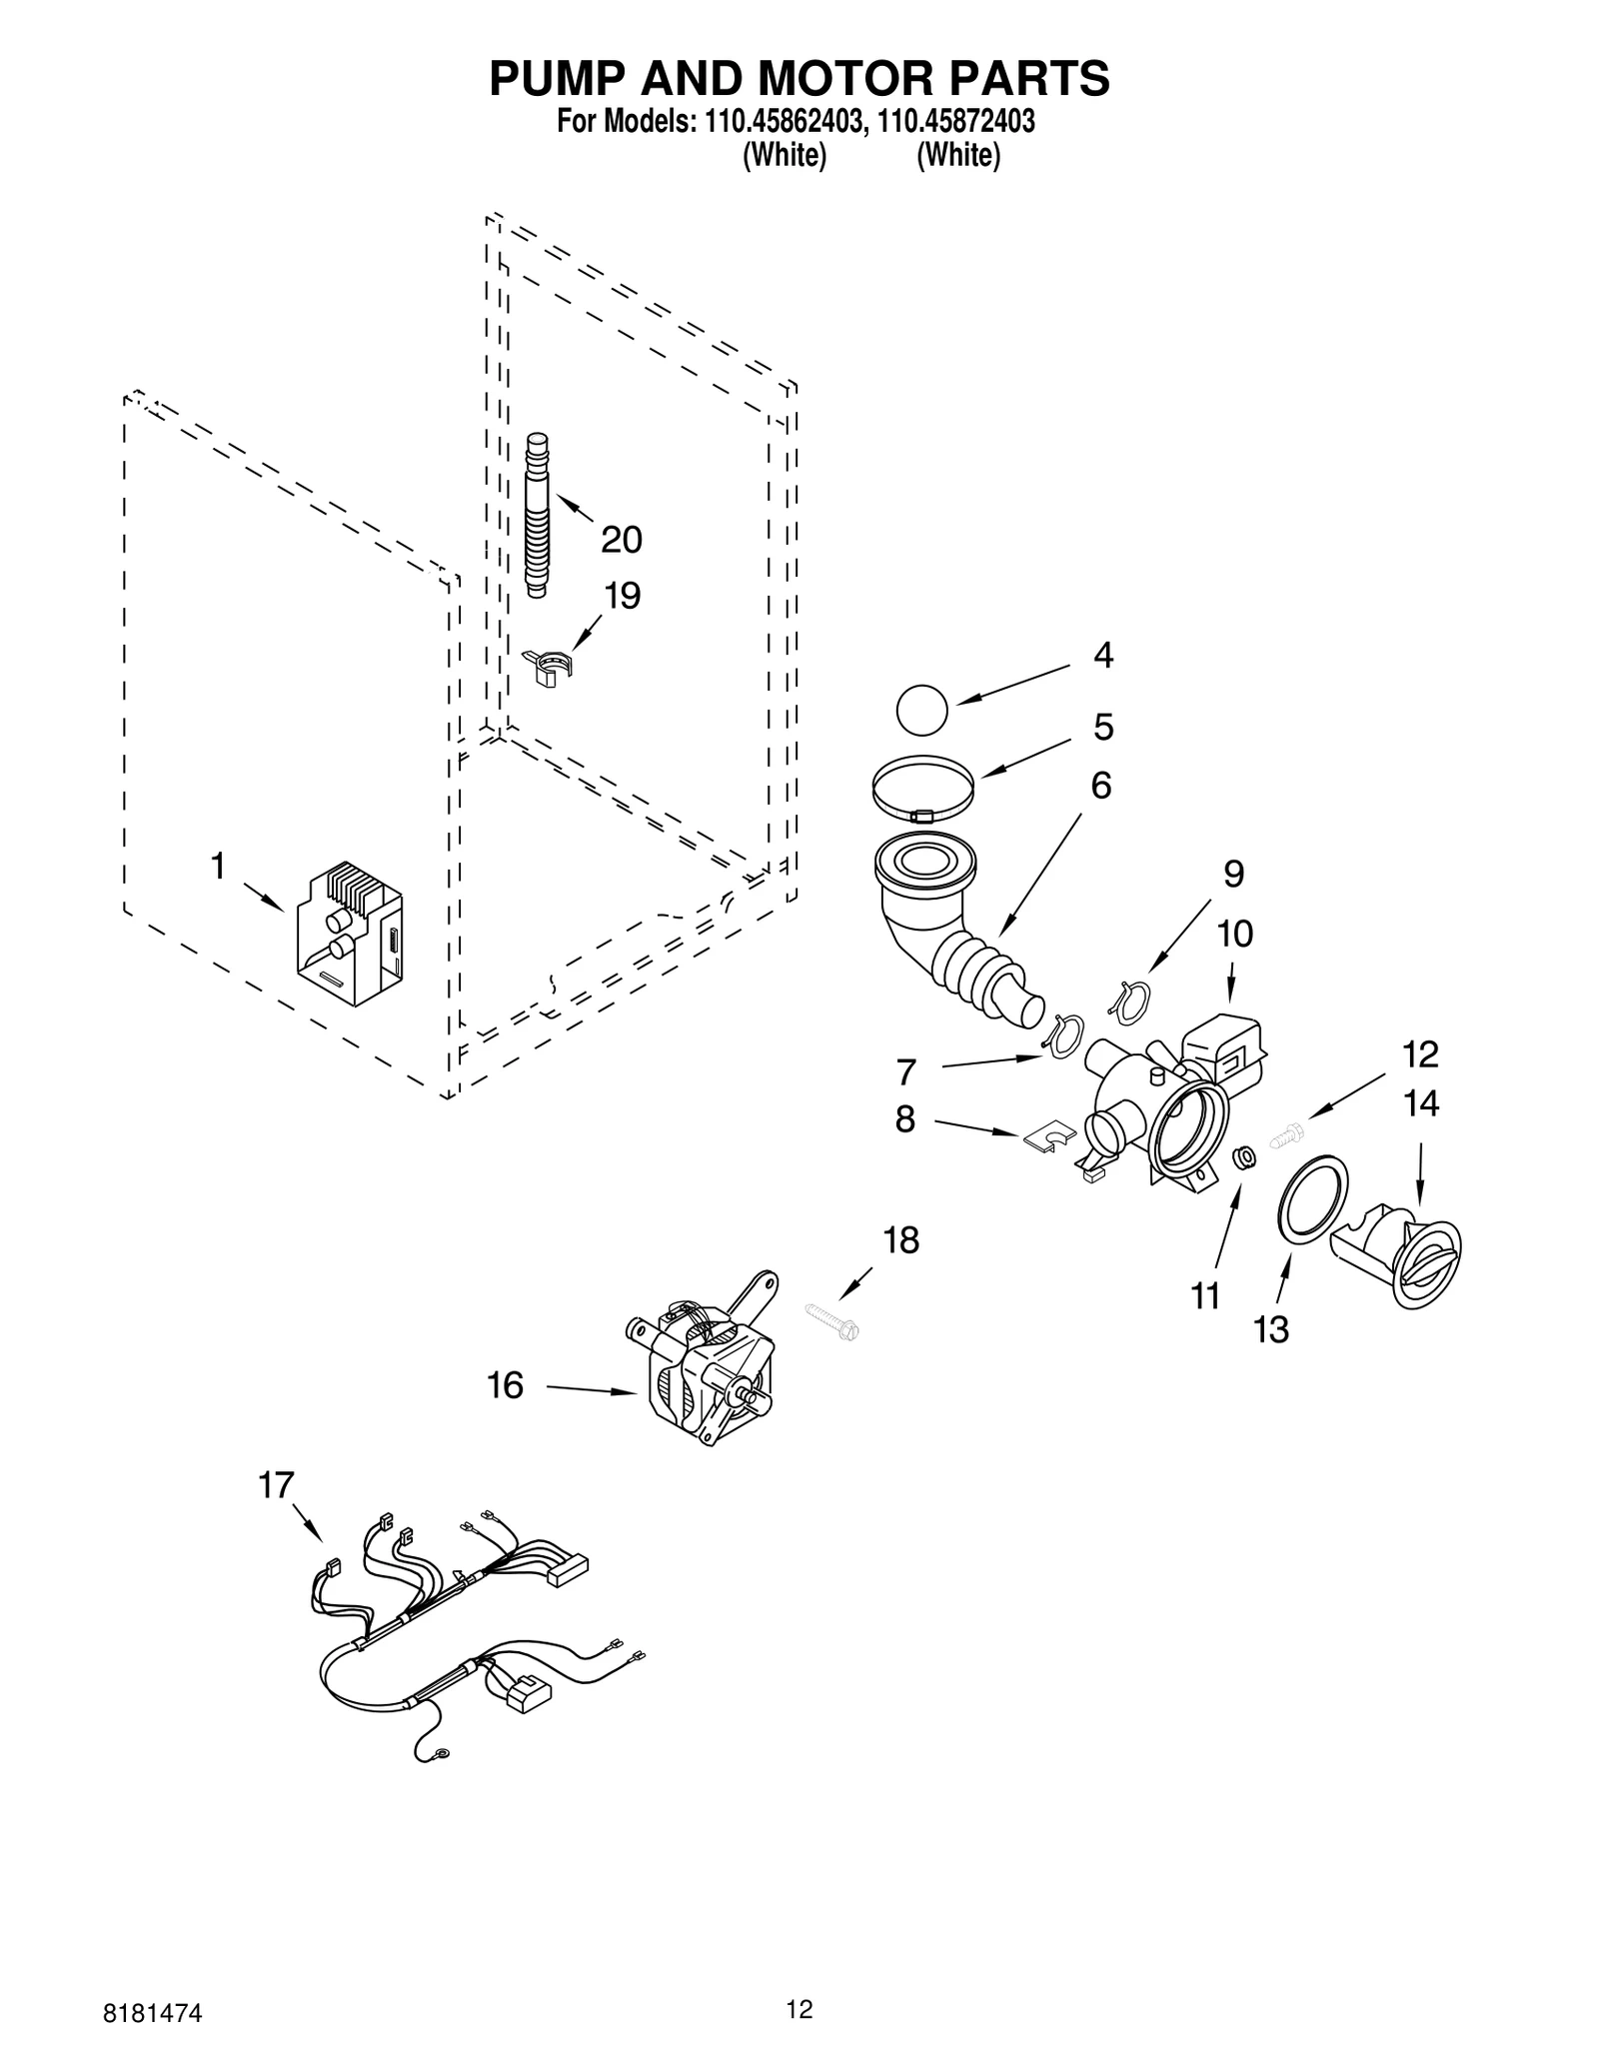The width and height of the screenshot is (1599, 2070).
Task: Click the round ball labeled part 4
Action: click(x=920, y=710)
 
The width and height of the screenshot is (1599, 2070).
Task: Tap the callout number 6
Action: click(x=1100, y=786)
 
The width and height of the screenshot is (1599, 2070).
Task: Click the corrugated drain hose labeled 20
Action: click(x=538, y=516)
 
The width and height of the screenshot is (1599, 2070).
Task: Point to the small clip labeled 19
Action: click(x=548, y=665)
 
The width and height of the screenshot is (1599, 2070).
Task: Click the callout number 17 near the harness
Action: click(x=276, y=1484)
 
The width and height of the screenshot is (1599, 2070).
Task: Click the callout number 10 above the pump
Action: click(x=1234, y=934)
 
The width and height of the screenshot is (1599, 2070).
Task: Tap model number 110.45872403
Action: click(x=956, y=122)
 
